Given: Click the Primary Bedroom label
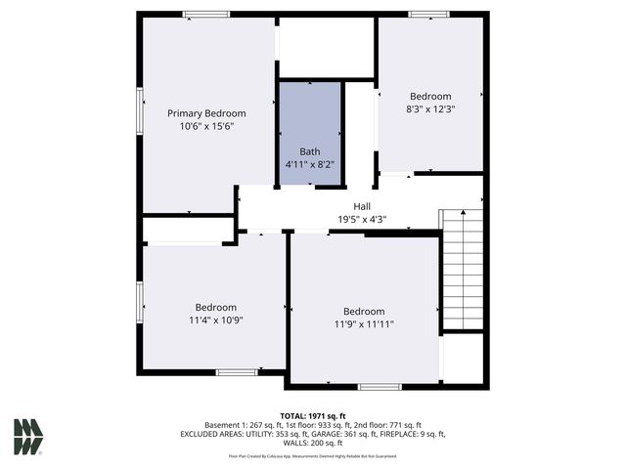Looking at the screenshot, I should [x=205, y=113].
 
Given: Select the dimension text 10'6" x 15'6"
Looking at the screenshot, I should [x=205, y=126].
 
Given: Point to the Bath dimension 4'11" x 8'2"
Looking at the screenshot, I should [x=310, y=164].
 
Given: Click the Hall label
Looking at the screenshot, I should [x=362, y=206].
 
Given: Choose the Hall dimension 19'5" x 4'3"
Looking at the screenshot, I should [x=362, y=219].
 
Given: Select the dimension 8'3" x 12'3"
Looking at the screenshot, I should [x=430, y=109].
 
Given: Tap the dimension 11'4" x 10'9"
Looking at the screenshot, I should [x=215, y=320].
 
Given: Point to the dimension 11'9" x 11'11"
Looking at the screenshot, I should [x=364, y=324].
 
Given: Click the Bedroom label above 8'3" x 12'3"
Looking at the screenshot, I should [x=430, y=96].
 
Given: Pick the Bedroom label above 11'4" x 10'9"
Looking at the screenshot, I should [x=215, y=307].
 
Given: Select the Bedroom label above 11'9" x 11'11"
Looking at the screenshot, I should [x=364, y=312].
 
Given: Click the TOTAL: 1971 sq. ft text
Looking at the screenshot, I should [x=313, y=415].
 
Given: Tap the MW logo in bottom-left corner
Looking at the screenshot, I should [x=28, y=437].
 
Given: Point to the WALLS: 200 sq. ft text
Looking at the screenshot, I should [x=313, y=443].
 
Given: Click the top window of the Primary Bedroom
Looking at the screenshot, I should [x=206, y=14].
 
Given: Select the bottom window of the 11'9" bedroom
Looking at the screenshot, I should [x=380, y=387].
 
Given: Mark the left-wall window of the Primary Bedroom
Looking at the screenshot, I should [x=140, y=107].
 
